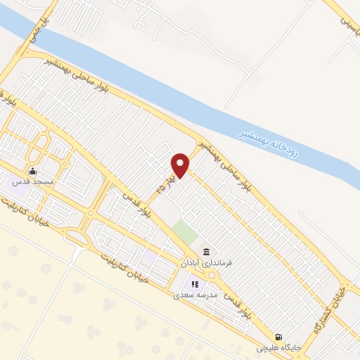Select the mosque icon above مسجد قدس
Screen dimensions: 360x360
32,171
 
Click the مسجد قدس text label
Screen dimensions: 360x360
29,182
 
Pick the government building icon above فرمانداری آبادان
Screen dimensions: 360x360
206,252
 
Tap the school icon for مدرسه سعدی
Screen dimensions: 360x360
195,285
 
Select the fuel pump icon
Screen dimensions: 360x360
280,337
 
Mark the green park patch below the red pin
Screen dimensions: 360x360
184,231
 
